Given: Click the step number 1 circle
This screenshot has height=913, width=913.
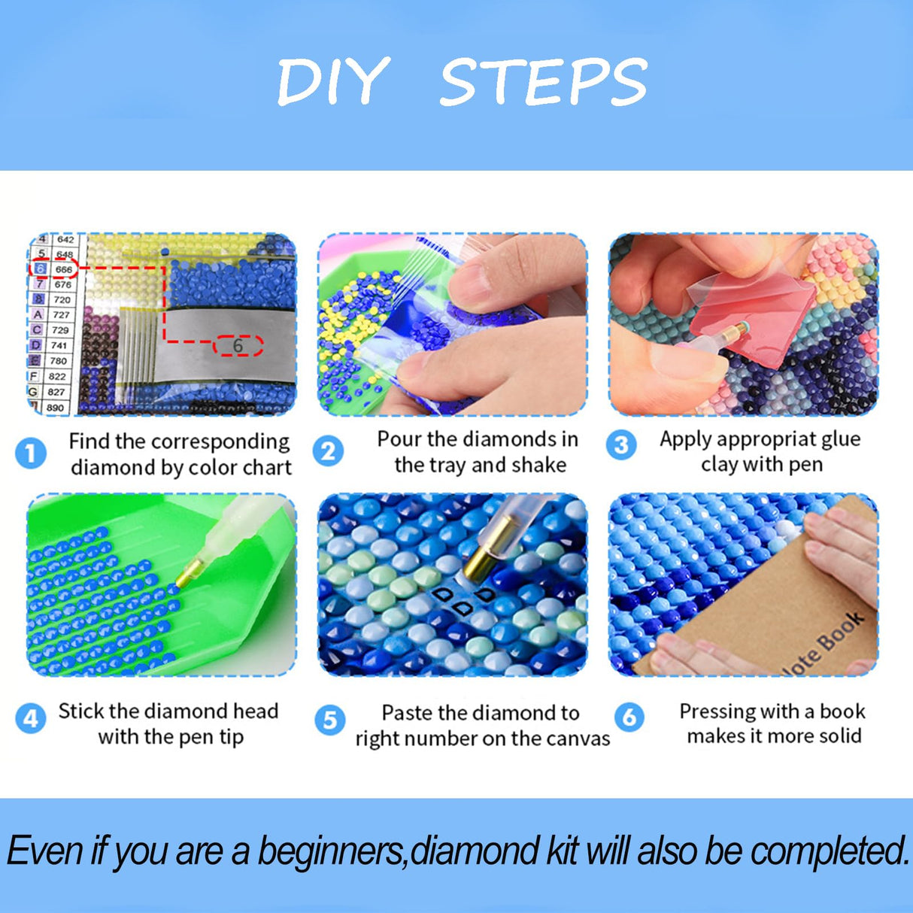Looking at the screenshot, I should click(x=31, y=453).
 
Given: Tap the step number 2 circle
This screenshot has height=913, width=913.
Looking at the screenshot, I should click(x=329, y=451).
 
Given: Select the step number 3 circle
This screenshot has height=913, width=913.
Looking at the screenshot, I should click(x=621, y=445).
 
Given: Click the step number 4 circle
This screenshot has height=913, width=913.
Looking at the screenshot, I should click(x=30, y=719).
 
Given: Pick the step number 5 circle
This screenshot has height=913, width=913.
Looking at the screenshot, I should click(x=329, y=720).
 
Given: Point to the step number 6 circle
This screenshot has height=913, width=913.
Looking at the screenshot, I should click(x=629, y=717).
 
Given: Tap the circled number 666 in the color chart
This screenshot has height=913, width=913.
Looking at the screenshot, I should click(x=63, y=269).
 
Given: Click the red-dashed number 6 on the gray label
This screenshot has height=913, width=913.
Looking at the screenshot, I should click(x=238, y=346).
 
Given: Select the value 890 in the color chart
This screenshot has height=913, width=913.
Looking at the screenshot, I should click(x=56, y=408).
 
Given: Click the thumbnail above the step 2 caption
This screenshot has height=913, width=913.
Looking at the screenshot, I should click(x=452, y=325).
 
